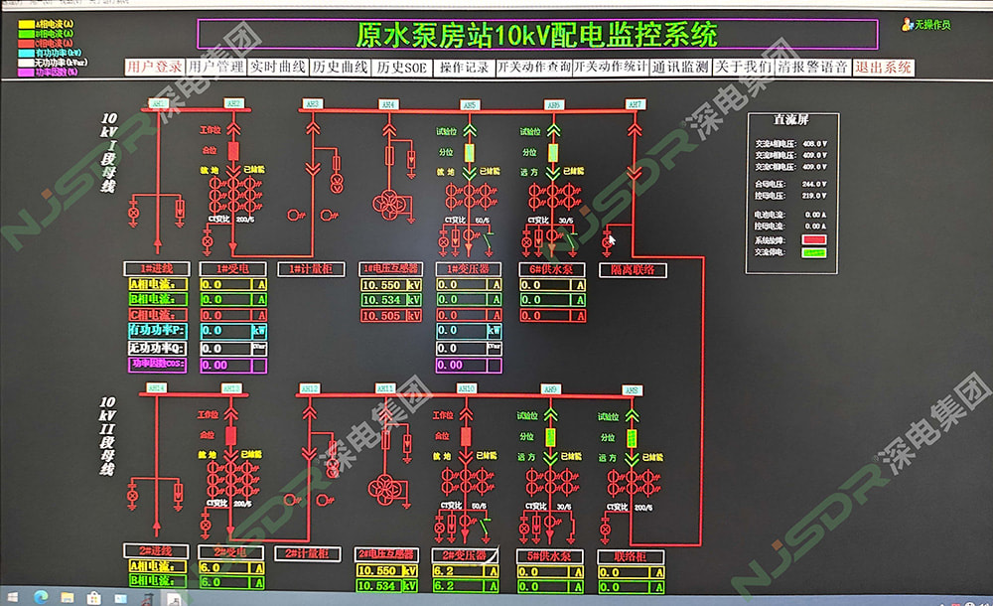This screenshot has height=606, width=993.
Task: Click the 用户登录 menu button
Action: [x=155, y=68]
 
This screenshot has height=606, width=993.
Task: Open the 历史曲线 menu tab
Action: [x=340, y=68]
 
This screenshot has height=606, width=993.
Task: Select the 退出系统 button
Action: [x=883, y=68]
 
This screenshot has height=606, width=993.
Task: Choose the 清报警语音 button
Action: [x=812, y=68]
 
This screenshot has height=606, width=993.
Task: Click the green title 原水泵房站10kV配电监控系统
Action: [x=536, y=36]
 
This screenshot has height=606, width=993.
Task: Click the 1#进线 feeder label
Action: [x=155, y=268]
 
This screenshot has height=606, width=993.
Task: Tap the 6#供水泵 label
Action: [x=552, y=269]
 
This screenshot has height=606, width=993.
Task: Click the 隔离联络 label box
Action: [x=633, y=269]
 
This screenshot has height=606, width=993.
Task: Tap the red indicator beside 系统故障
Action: [x=815, y=239]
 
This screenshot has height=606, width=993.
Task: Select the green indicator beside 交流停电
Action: [x=815, y=252]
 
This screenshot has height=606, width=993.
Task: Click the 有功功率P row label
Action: [x=157, y=330]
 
